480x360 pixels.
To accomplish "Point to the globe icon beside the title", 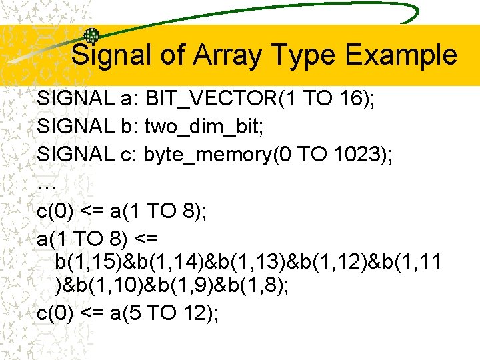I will pyautogui.click(x=91, y=36).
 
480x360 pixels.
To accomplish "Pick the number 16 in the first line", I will pyautogui.click(x=349, y=100).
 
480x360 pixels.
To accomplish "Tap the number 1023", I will pyautogui.click(x=360, y=155).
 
